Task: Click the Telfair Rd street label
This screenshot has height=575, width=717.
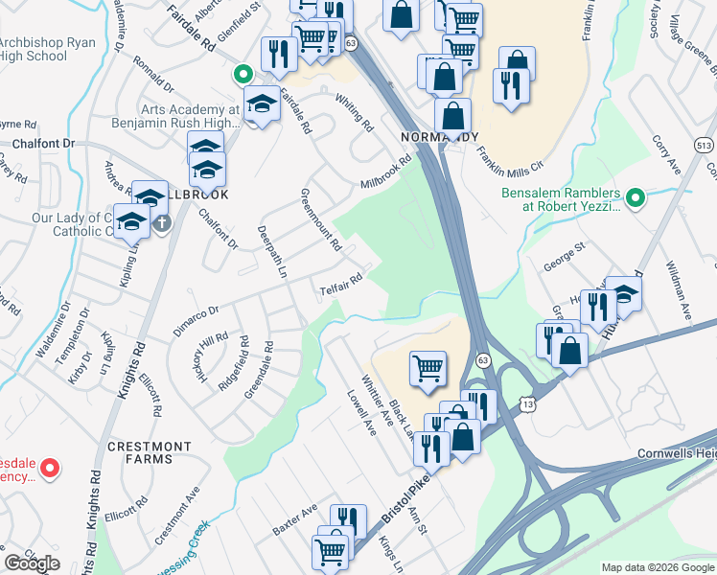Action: tap(341, 284)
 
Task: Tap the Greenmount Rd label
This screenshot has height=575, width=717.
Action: tap(320, 219)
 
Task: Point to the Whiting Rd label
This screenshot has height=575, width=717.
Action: tap(354, 112)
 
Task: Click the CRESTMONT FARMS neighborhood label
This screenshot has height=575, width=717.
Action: tap(149, 453)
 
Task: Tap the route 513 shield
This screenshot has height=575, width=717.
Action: tap(705, 144)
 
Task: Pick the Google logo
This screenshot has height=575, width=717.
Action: tap(32, 563)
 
